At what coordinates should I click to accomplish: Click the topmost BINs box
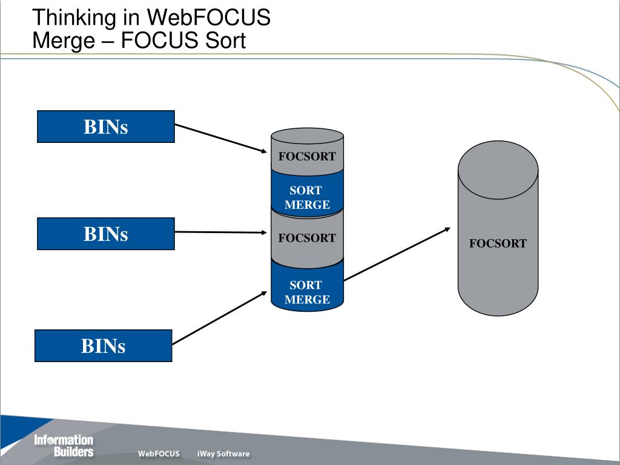[105, 127]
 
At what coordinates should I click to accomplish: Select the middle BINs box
[105, 234]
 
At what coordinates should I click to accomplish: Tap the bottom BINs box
[103, 346]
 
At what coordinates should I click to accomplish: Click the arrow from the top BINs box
[221, 138]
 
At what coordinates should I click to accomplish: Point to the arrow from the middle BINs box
[221, 232]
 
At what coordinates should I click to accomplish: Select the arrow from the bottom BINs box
[220, 318]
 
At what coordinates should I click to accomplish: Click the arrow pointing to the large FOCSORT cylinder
[397, 254]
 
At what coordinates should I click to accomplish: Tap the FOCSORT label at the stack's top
[307, 156]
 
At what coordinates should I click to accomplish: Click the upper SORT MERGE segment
[307, 194]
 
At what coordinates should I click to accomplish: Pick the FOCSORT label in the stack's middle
[307, 237]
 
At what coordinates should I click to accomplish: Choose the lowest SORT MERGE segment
[307, 286]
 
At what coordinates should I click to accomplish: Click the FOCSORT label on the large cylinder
[498, 243]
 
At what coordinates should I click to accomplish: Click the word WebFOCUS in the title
[208, 18]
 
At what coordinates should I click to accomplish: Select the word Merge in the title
[64, 41]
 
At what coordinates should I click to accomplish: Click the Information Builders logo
[64, 446]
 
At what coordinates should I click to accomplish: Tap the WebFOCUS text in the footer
[159, 453]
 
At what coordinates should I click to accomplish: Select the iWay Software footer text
[223, 453]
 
